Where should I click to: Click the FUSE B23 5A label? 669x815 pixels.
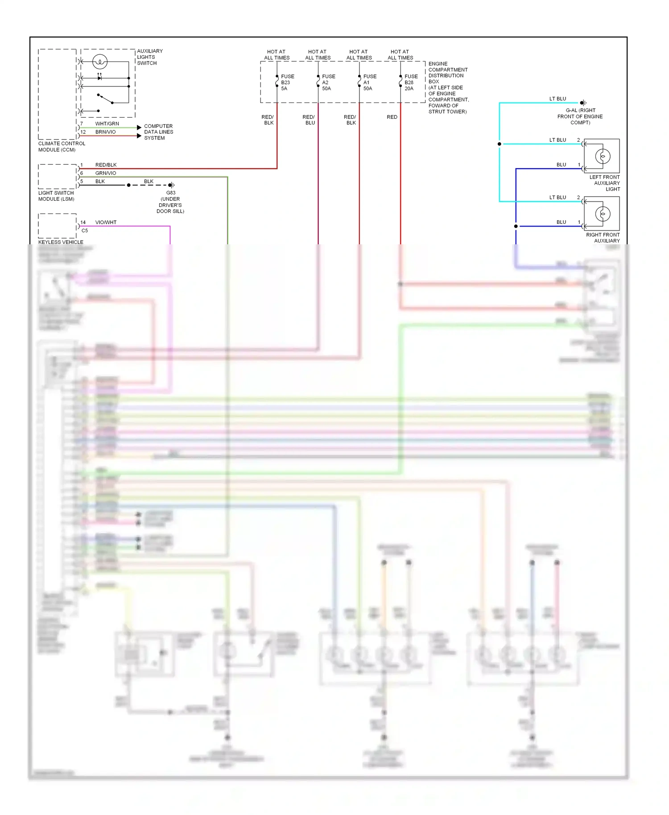click(287, 82)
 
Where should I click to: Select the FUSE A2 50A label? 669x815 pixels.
click(328, 82)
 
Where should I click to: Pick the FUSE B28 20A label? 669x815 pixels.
click(410, 82)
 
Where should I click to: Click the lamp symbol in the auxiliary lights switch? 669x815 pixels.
click(100, 61)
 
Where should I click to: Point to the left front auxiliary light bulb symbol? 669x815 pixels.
click(603, 156)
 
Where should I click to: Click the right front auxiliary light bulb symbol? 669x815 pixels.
click(603, 214)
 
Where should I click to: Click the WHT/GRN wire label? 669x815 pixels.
click(107, 123)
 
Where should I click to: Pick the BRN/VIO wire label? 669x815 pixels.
click(105, 132)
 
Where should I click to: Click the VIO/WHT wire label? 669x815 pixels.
click(106, 222)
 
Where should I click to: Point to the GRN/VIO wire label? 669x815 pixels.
click(106, 173)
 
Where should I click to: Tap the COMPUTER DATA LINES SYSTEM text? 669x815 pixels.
click(158, 132)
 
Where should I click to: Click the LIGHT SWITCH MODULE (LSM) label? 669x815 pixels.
click(56, 196)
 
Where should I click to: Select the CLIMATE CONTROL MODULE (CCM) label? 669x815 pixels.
click(62, 146)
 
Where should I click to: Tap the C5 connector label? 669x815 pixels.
click(85, 231)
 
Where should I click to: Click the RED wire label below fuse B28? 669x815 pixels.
click(392, 117)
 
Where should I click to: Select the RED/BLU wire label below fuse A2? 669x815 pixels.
click(309, 119)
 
